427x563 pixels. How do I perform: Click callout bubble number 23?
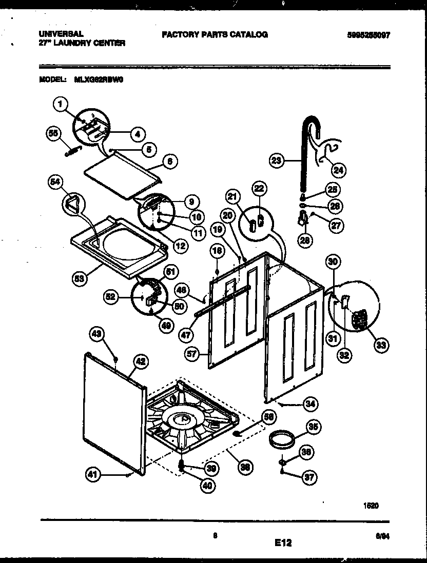[277, 160]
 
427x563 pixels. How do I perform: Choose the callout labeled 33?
[380, 345]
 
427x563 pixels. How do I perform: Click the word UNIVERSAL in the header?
[61, 34]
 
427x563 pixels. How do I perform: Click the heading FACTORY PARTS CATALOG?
[215, 35]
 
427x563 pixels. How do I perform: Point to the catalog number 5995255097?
[368, 35]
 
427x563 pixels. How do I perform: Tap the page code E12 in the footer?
[283, 542]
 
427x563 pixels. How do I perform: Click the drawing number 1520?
[371, 505]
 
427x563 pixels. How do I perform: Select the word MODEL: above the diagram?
[52, 79]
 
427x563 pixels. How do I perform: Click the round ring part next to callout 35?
[282, 439]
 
